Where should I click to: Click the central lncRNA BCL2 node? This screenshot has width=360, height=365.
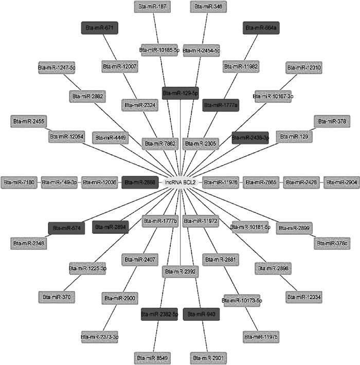pyautogui.click(x=180, y=182)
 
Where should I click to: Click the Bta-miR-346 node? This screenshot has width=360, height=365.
pyautogui.click(x=207, y=7)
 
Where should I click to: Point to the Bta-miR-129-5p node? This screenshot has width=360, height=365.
pyautogui.click(x=181, y=93)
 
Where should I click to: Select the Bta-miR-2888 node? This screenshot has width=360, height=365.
pyautogui.click(x=140, y=182)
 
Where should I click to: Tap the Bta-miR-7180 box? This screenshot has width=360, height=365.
pyautogui.click(x=19, y=182)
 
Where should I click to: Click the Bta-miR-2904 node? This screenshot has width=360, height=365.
pyautogui.click(x=341, y=182)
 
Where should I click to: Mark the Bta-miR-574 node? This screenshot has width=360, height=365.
pyautogui.click(x=66, y=228)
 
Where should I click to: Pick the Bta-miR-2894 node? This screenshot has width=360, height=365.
pyautogui.click(x=111, y=226)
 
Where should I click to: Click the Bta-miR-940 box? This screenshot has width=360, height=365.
pyautogui.click(x=201, y=313)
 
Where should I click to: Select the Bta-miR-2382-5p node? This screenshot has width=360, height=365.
pyautogui.click(x=160, y=313)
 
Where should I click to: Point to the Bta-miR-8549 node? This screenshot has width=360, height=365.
pyautogui.click(x=152, y=356)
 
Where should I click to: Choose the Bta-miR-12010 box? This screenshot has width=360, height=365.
pyautogui.click(x=304, y=67)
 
